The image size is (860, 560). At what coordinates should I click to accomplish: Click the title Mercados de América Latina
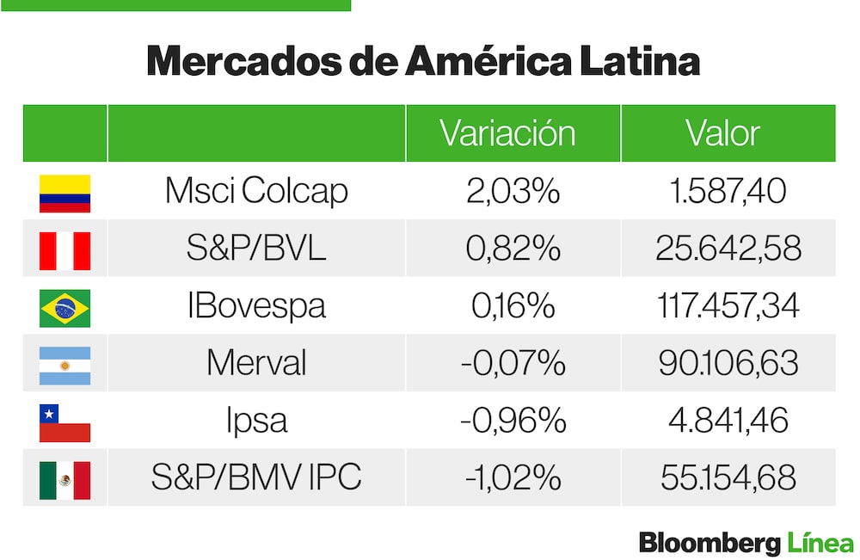(422, 62)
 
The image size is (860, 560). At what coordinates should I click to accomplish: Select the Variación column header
(507, 133)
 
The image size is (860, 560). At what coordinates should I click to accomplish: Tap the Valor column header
(722, 133)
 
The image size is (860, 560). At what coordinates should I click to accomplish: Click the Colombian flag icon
(64, 194)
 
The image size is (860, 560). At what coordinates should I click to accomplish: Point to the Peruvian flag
(64, 250)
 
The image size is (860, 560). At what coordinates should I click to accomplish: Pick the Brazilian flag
(64, 308)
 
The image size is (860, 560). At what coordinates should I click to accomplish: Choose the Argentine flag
(64, 365)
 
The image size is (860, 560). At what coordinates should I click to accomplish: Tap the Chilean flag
(64, 422)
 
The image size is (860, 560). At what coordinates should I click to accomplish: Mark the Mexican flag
(64, 479)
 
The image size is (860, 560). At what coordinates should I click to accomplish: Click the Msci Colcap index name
(256, 191)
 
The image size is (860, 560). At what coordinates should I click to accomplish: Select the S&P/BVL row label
(256, 249)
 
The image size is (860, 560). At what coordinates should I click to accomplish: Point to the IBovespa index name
(256, 306)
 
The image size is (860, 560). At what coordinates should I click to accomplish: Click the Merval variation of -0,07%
(513, 363)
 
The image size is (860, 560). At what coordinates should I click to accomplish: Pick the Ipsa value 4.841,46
(728, 421)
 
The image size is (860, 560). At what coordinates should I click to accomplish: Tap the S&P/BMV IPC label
(256, 477)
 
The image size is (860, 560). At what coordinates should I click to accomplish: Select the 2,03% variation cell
(513, 191)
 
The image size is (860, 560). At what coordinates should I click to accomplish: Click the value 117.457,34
(728, 306)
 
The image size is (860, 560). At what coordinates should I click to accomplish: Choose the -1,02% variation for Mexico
(513, 477)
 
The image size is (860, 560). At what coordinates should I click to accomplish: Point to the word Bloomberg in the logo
(709, 543)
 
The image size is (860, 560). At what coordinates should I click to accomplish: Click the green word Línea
(820, 543)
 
